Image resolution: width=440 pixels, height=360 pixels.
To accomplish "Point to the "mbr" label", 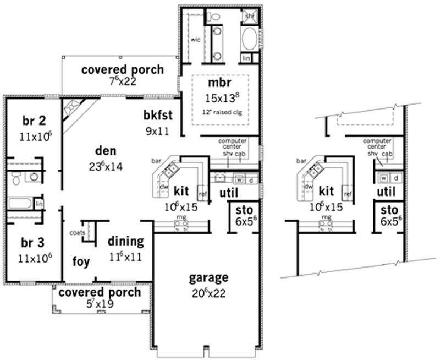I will point(217,84).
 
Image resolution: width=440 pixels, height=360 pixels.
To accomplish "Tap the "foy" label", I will point(82,261).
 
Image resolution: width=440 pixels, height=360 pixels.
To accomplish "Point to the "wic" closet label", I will point(195,40).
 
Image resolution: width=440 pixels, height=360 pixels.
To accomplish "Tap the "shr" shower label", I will point(248,15).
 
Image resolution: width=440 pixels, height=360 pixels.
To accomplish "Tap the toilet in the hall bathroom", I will point(16,177).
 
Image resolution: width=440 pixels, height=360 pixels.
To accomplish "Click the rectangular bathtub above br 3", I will point(20,204).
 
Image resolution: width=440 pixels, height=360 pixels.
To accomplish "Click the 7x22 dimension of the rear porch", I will point(122,82).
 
